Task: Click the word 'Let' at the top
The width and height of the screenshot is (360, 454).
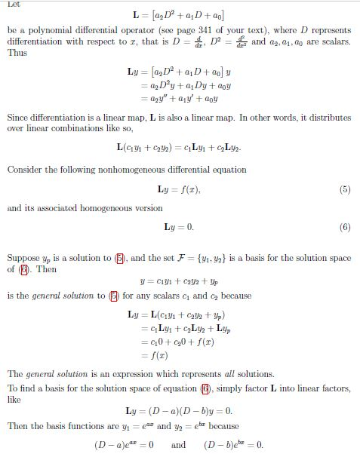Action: (13, 4)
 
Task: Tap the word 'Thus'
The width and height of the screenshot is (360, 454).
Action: (17, 54)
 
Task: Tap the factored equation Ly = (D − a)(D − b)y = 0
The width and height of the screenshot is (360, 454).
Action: (178, 411)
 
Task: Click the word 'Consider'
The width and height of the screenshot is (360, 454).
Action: (26, 170)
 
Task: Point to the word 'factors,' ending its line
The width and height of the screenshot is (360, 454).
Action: (334, 388)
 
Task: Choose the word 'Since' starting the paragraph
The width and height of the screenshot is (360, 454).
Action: (19, 118)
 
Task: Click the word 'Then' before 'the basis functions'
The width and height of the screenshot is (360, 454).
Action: (18, 426)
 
